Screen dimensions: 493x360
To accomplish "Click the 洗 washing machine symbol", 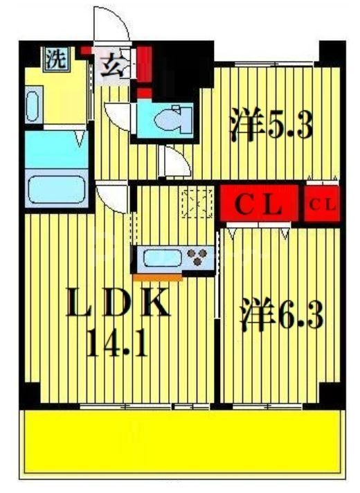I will pos(55,59).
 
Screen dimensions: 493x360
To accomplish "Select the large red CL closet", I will pos(260,204).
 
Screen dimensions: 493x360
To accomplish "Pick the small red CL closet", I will pos(323,204).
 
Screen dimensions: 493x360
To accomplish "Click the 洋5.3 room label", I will pos(272,126).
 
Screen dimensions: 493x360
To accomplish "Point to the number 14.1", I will pos(118,343).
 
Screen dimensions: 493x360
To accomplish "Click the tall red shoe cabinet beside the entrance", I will pos(145,64).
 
